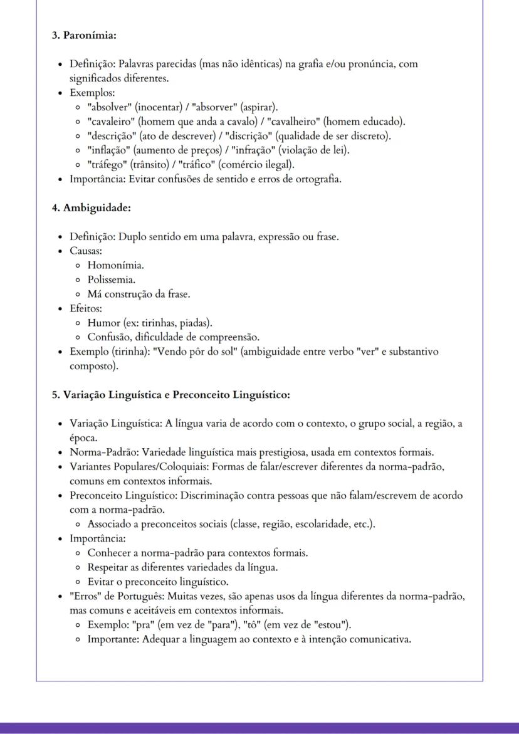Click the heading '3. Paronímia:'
coord(84,35)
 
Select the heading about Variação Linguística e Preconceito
coord(170,395)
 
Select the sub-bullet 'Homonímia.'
coord(115,265)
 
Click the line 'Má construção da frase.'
coord(139,294)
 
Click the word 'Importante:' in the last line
coord(113,639)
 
